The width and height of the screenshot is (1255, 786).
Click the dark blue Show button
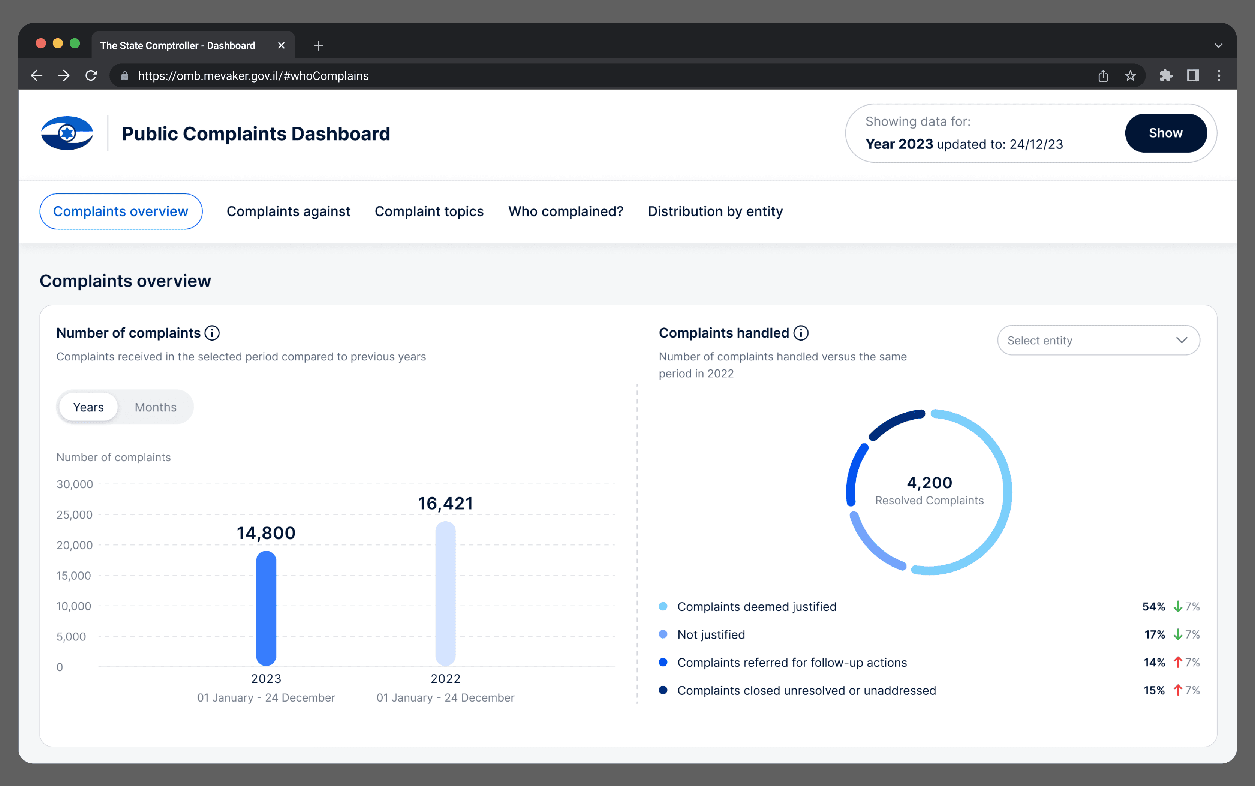tap(1166, 133)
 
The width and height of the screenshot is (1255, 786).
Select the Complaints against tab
tap(288, 211)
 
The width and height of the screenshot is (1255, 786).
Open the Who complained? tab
tap(565, 211)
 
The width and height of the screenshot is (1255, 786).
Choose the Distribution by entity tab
tap(715, 211)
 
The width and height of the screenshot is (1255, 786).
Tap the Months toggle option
tap(156, 407)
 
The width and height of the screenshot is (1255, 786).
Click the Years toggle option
tap(88, 407)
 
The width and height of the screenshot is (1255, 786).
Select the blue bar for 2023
tap(266, 608)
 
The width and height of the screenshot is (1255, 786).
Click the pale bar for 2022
tap(445, 594)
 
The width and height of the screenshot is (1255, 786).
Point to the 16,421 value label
tap(445, 503)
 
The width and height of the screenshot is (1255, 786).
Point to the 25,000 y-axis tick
tap(74, 514)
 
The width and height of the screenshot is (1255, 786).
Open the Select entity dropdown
tap(1098, 340)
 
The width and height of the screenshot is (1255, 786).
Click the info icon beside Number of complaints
tap(212, 333)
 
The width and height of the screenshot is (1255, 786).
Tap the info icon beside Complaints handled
tap(801, 333)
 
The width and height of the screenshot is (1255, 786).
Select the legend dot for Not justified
tap(663, 634)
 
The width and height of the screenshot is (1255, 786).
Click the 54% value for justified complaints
tap(1153, 607)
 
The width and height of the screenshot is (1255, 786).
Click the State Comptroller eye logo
tap(67, 133)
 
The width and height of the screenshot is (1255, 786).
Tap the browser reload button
tap(91, 76)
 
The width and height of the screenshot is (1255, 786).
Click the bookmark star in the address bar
tap(1130, 76)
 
